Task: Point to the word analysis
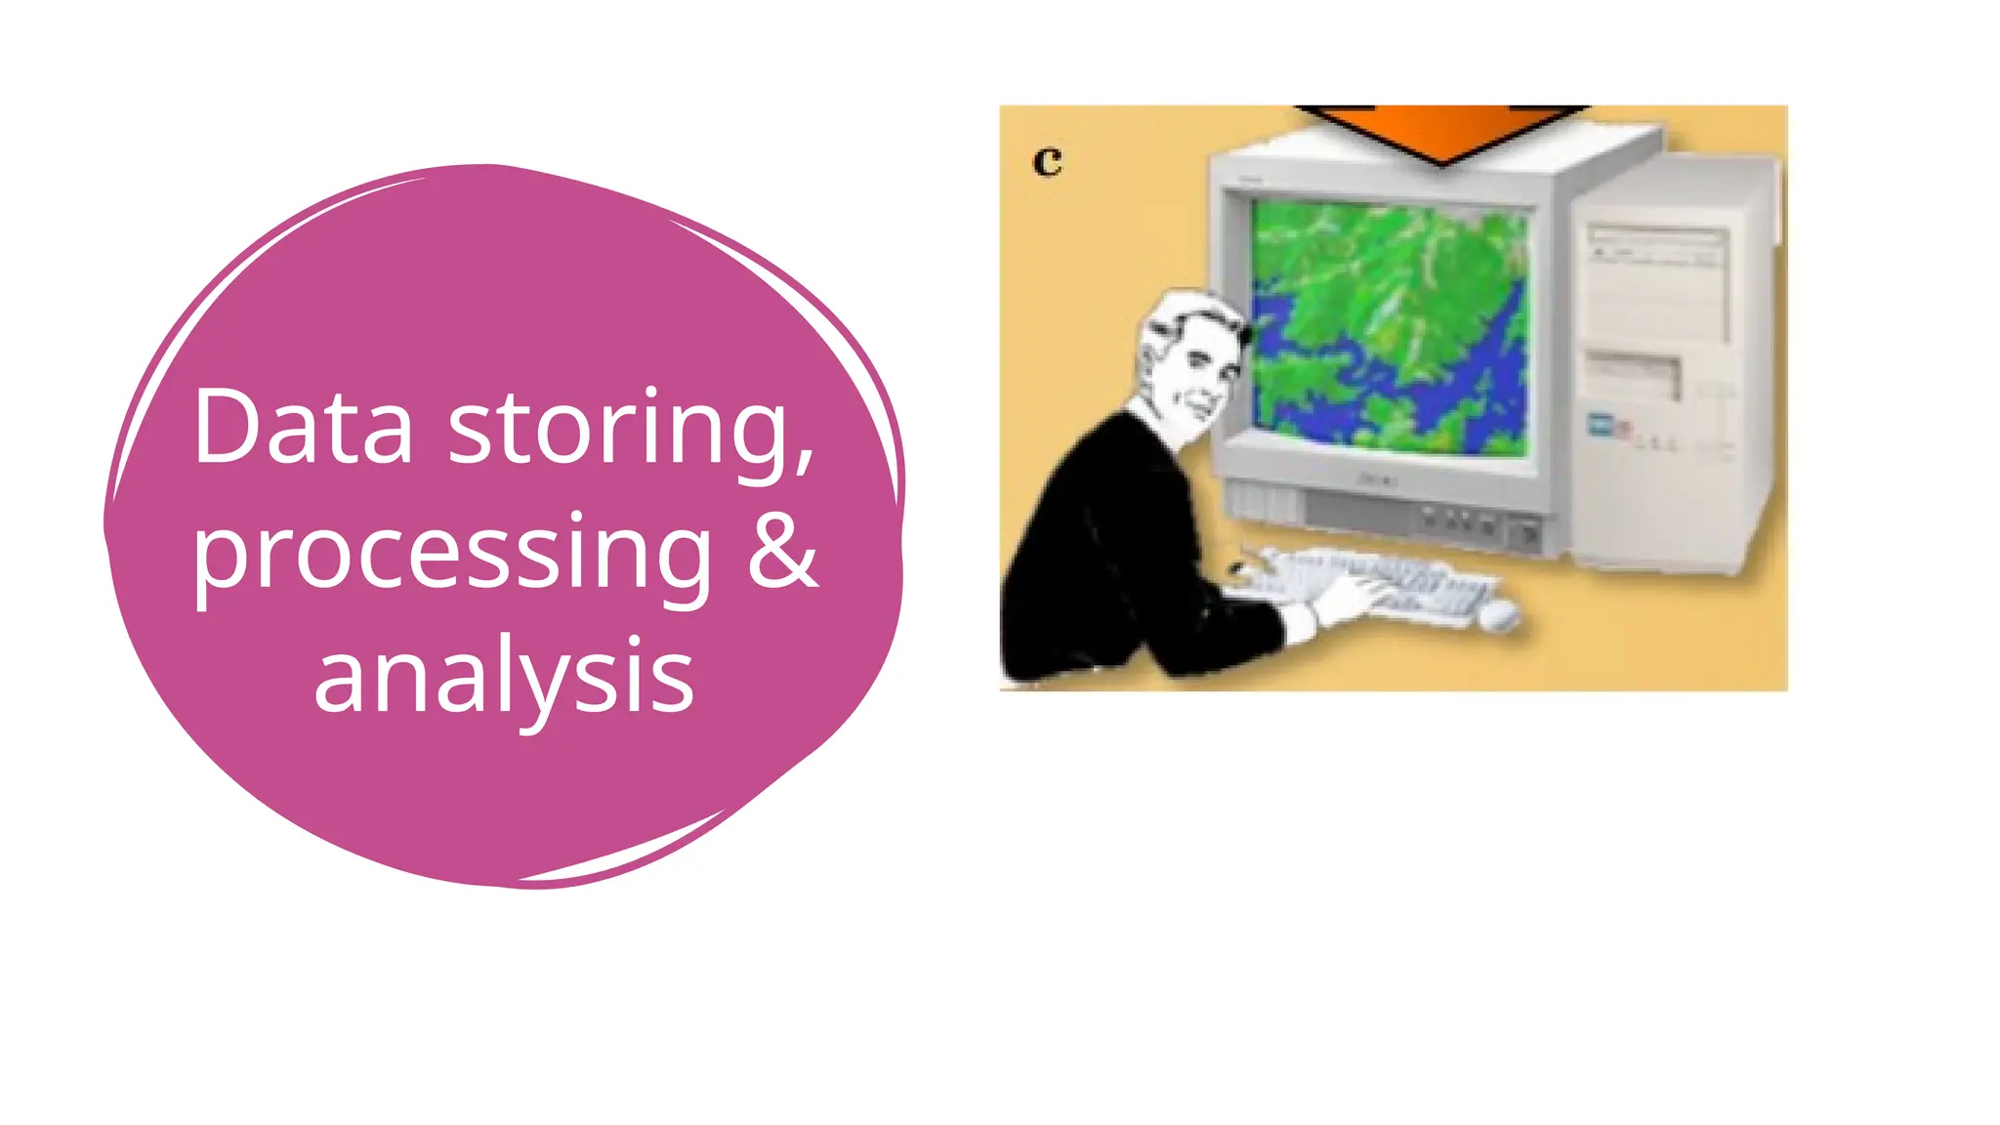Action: [504, 676]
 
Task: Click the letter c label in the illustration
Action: [1047, 161]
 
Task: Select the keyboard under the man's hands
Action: [1406, 581]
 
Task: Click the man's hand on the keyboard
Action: [1353, 598]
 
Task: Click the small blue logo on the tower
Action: [1601, 424]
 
